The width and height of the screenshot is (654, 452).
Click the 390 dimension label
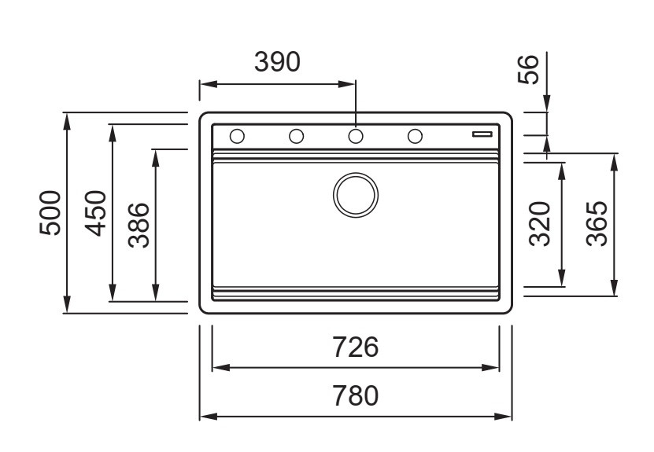pyautogui.click(x=276, y=62)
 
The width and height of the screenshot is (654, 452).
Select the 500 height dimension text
pyautogui.click(x=51, y=213)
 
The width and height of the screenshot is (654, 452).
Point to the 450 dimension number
pyautogui.click(x=96, y=213)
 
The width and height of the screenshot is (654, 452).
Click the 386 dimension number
pyautogui.click(x=139, y=225)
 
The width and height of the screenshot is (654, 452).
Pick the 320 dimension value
pyautogui.click(x=539, y=223)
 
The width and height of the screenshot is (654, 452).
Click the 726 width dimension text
pyautogui.click(x=355, y=347)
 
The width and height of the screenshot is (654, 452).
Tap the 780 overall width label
pyautogui.click(x=355, y=395)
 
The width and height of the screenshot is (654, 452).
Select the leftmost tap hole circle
pyautogui.click(x=236, y=136)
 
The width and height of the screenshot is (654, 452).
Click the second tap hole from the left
pyautogui.click(x=296, y=136)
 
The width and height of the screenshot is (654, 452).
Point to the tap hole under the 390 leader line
pyautogui.click(x=356, y=136)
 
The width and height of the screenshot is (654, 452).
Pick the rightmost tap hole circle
pyautogui.click(x=415, y=136)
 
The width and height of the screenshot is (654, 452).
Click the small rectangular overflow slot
pyautogui.click(x=482, y=134)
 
